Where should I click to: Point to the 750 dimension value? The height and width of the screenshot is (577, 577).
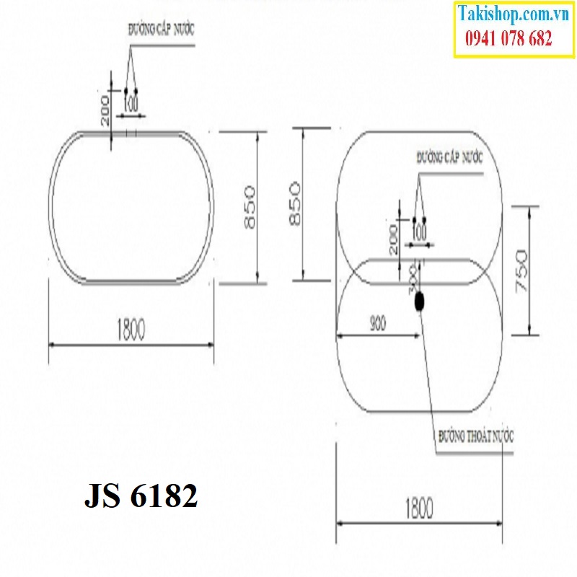coord(521,270)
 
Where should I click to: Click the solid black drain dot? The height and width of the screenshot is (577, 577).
coord(418,304)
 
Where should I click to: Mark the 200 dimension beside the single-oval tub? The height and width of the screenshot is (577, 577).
coord(105,110)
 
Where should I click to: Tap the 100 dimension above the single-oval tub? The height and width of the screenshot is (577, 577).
coord(130,103)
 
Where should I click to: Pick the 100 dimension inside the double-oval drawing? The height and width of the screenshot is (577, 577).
coord(418,233)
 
